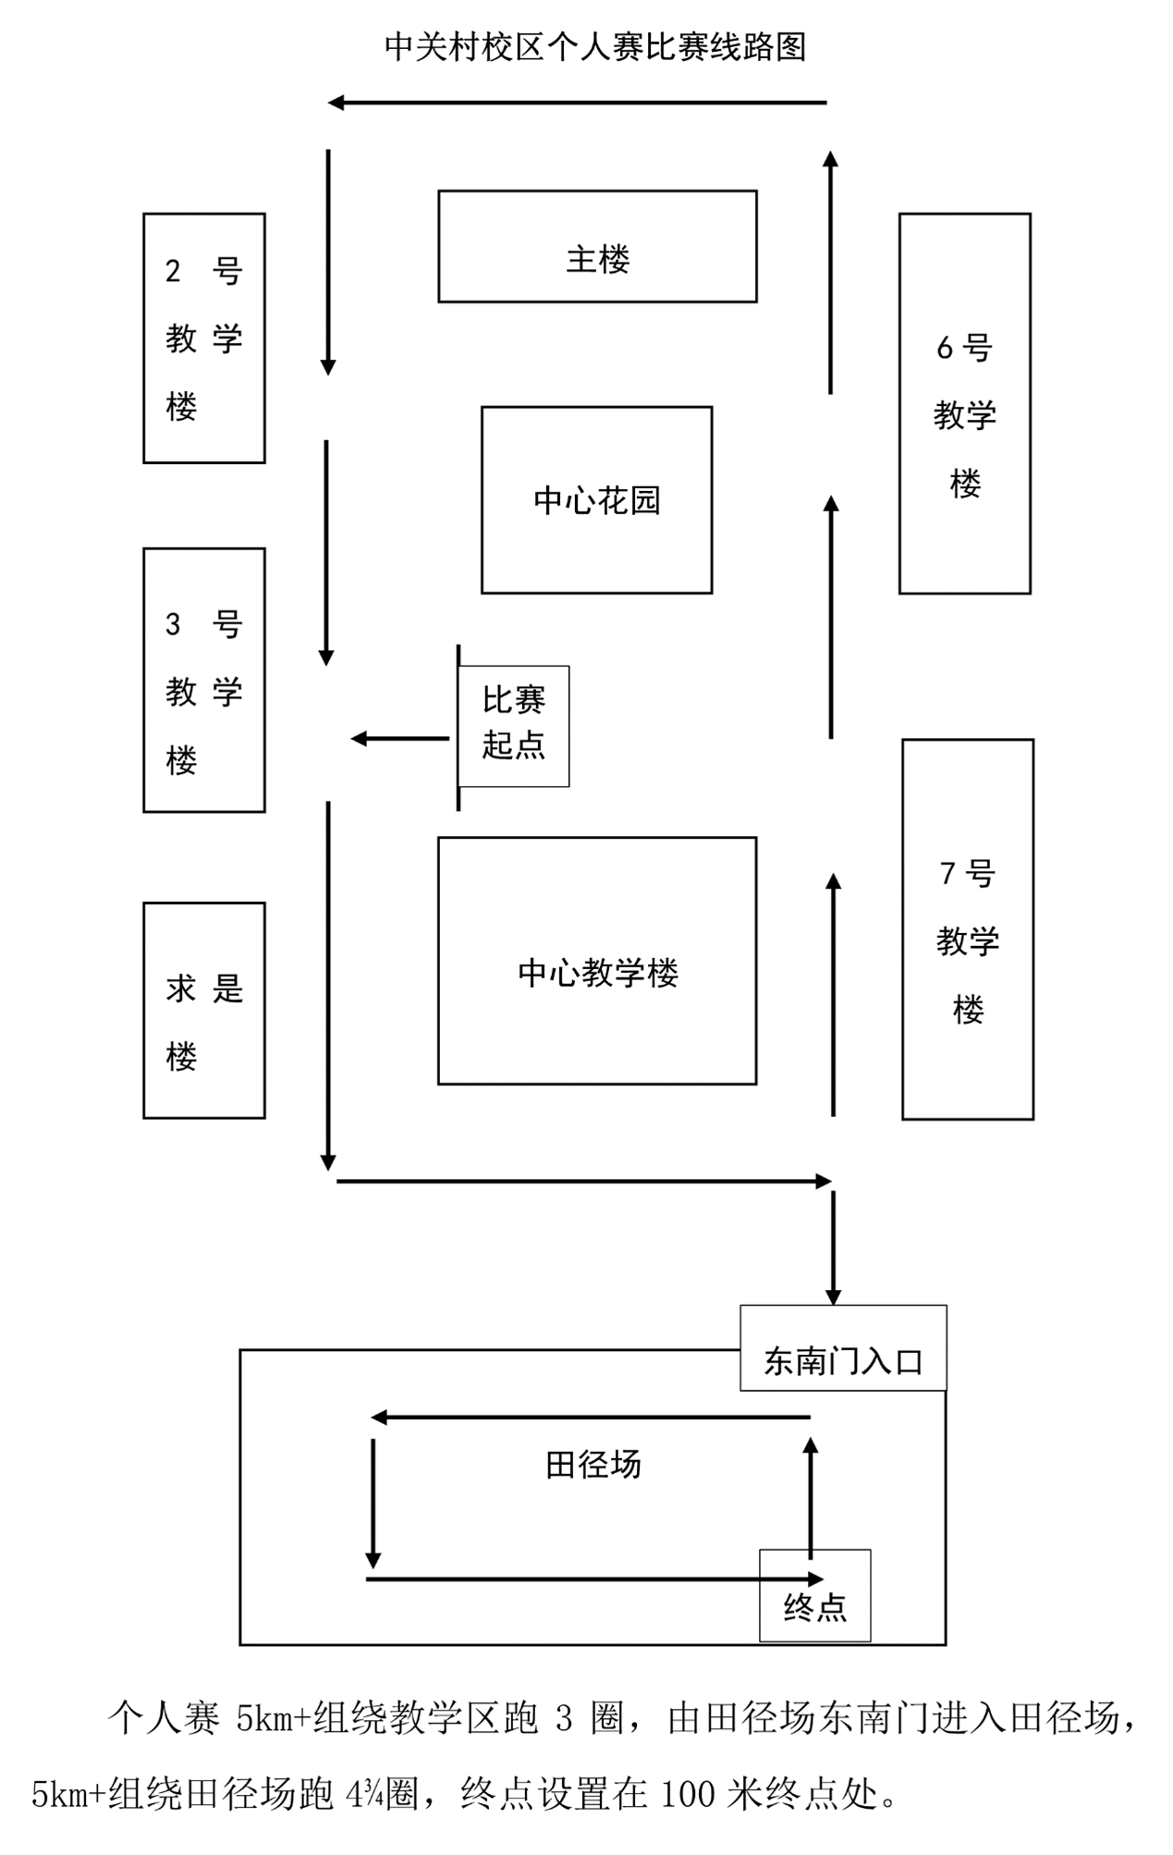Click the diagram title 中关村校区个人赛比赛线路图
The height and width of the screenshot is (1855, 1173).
tap(594, 46)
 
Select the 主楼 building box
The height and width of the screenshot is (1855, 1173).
tap(597, 247)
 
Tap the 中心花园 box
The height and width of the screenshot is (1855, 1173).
tap(596, 500)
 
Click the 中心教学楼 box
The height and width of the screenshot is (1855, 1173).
tap(597, 961)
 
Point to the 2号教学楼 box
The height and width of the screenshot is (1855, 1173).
tap(204, 338)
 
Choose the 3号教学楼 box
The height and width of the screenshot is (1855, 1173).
tap(204, 681)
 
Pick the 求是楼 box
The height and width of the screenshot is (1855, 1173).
tap(204, 1011)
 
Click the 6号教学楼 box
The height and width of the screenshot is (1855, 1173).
tap(964, 404)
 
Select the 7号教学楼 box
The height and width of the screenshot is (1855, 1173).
tap(967, 929)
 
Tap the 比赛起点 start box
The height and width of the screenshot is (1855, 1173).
tap(514, 726)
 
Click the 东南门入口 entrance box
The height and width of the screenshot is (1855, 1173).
tap(843, 1348)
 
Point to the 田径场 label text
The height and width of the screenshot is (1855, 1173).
tap(593, 1465)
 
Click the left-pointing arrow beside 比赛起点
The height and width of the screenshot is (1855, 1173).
tap(399, 738)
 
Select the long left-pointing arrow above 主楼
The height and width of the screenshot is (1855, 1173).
tap(577, 103)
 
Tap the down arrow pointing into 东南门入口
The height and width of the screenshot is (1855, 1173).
tap(833, 1247)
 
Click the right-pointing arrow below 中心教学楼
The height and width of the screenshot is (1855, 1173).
tap(583, 1181)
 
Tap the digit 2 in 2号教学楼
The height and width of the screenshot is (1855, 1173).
tap(173, 271)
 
